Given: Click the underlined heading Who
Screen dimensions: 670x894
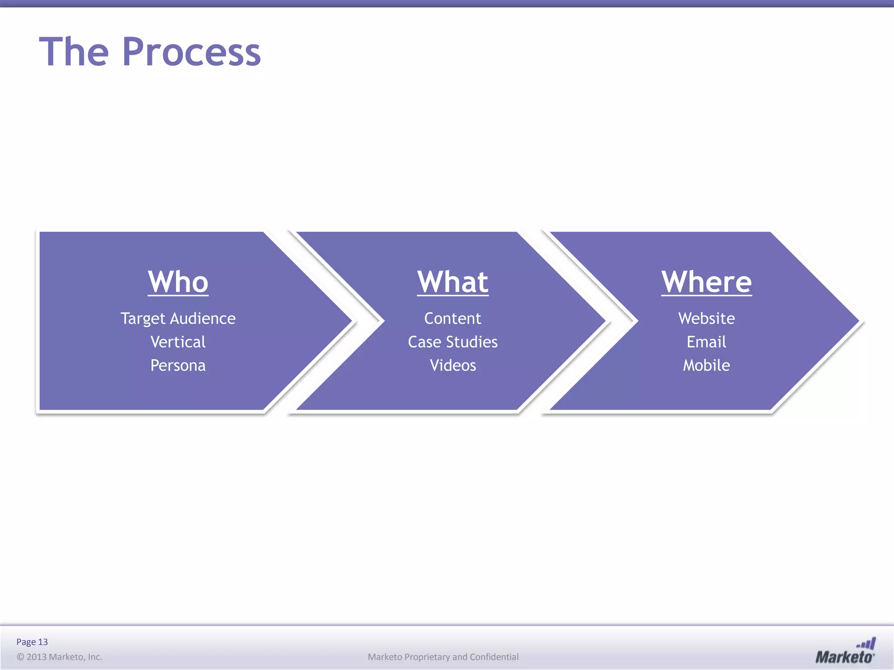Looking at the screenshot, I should (x=178, y=282).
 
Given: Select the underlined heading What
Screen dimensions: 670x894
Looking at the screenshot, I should (x=453, y=282).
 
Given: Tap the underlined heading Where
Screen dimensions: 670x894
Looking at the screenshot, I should (x=706, y=282).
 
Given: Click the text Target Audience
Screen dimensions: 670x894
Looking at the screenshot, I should (x=178, y=319).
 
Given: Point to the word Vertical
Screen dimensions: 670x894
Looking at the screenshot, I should (x=178, y=342).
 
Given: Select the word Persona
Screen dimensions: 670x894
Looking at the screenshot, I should (x=178, y=366).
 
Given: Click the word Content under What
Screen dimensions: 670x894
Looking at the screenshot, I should (x=453, y=318).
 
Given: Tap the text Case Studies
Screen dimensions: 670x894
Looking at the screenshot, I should (x=453, y=342).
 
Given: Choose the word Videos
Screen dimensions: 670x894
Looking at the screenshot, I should (x=453, y=366).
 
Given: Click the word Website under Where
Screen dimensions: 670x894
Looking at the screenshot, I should (x=706, y=318).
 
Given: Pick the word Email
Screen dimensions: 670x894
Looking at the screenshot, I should (x=706, y=342).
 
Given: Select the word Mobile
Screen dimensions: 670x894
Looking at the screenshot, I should (x=706, y=366).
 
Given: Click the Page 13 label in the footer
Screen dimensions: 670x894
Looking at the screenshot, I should (x=32, y=642).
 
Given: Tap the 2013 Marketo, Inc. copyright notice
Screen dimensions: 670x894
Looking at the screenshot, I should (x=59, y=657).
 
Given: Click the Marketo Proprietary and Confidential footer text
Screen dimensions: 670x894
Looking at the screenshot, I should (x=443, y=657).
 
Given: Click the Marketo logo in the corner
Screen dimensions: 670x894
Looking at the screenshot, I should (x=845, y=652).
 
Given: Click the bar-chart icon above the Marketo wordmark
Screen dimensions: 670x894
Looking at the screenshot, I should (x=866, y=643).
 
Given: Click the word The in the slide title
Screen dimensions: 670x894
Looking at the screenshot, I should (x=74, y=52).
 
